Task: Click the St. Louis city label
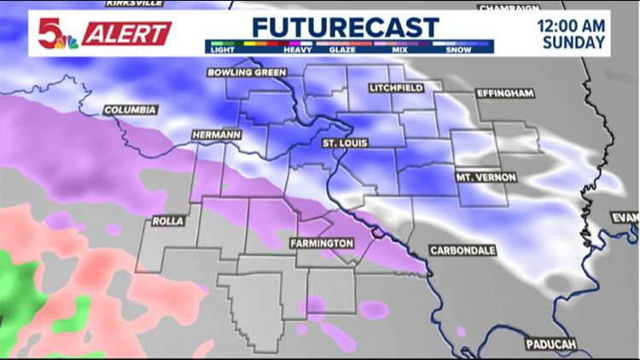click(344, 143)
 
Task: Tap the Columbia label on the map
click(130, 110)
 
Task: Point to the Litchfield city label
click(397, 89)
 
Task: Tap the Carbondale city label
click(463, 250)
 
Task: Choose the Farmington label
click(321, 244)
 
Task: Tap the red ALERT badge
click(127, 33)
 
